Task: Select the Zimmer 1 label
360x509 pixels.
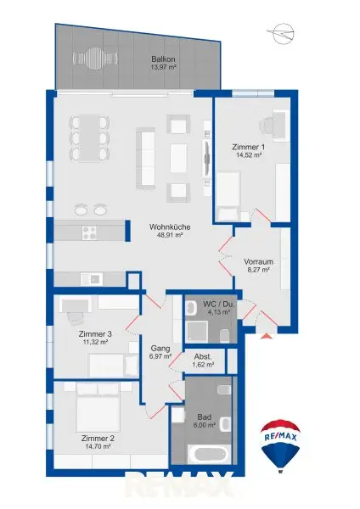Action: tap(248, 147)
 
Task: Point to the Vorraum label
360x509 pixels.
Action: tap(256, 260)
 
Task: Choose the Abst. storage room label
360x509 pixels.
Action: tap(203, 355)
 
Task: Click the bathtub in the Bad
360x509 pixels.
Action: tap(207, 455)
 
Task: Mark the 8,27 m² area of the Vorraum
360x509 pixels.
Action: tap(256, 270)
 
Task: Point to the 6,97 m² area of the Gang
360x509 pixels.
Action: tap(160, 356)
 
